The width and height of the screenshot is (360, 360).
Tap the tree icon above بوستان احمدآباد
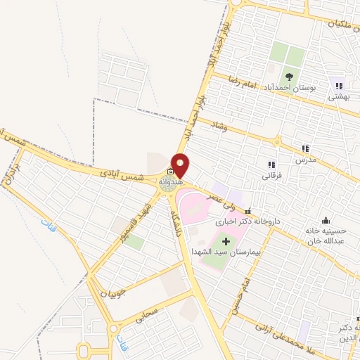(289, 76)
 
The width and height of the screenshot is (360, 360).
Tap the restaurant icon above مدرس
(305, 148)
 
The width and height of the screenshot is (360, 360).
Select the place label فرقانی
(270, 176)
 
